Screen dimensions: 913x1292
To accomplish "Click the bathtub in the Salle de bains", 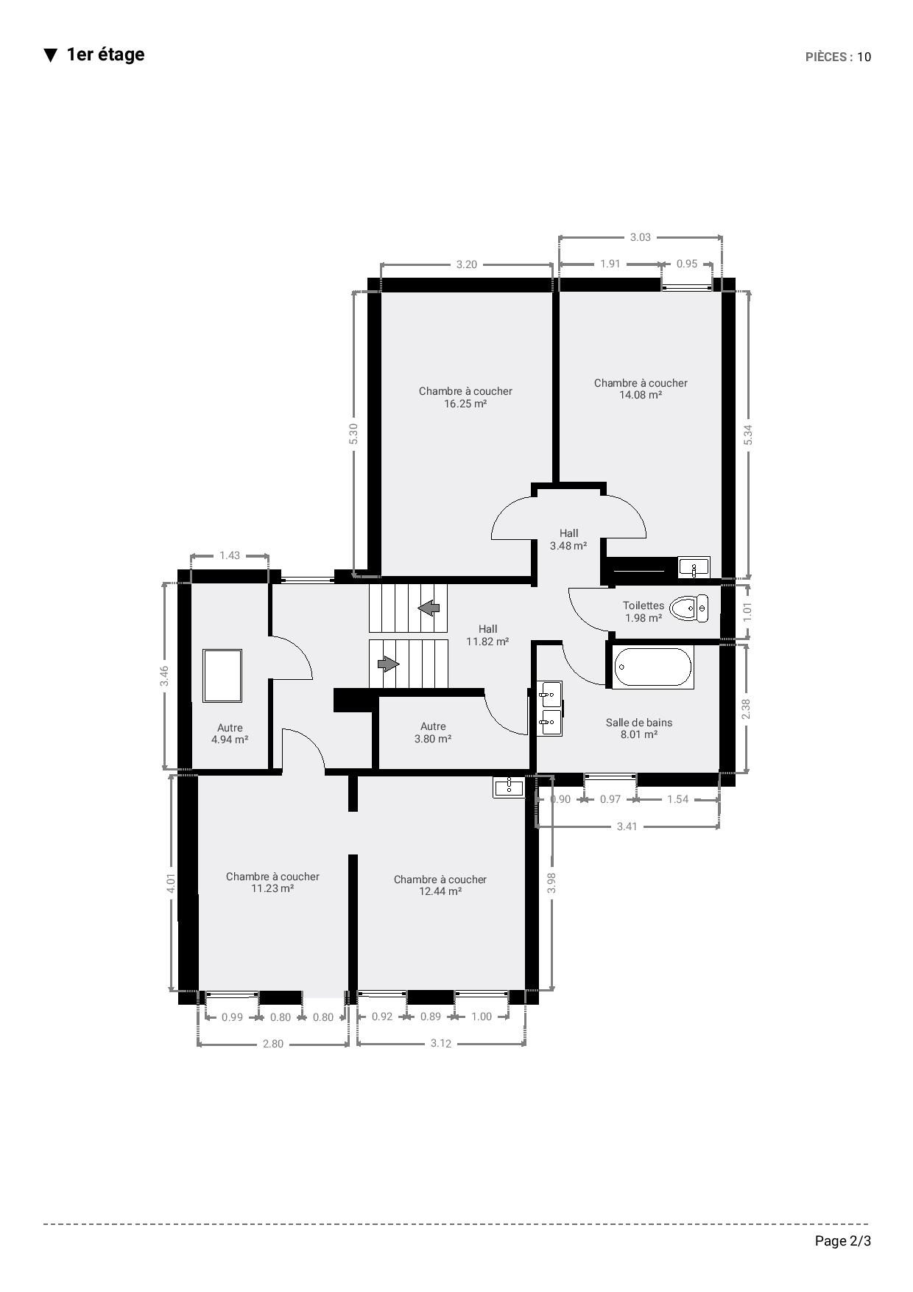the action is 653,667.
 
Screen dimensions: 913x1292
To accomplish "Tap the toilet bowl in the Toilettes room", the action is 688,608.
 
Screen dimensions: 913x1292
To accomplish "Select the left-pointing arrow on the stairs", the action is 429,608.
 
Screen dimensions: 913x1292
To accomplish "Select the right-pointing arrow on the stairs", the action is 388,664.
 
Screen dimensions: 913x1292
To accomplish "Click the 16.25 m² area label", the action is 465,404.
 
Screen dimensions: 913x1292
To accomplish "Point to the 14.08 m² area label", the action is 641,395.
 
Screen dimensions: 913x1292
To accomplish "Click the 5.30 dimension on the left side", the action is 353,433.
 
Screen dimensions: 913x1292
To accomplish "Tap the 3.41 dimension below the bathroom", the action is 627,826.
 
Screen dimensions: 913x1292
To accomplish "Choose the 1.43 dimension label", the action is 230,555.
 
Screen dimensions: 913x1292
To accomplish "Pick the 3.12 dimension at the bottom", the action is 441,1043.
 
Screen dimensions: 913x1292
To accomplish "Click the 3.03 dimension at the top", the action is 641,237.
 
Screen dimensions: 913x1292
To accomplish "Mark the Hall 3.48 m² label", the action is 568,540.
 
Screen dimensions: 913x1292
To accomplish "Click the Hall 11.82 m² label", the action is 487,635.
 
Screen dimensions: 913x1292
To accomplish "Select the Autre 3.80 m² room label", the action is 433,732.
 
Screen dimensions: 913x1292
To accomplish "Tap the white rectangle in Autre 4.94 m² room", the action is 223,675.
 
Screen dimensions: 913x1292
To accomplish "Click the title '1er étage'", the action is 105,55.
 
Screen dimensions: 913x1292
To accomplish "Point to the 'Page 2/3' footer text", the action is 843,1241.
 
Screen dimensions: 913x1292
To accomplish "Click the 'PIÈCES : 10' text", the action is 839,57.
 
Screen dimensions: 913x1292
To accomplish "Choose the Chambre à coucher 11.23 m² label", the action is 272,882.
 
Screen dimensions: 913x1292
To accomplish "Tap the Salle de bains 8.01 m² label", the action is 639,728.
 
